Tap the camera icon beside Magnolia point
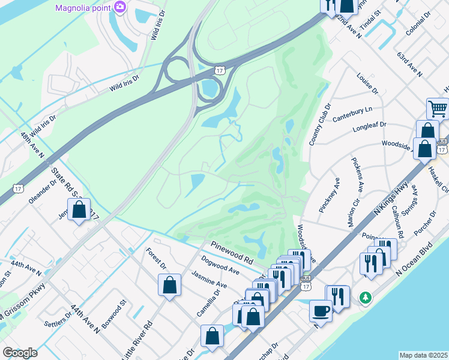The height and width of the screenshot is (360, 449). pos(120,7)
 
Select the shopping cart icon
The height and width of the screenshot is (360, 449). pos(438,110)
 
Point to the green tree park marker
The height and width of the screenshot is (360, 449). pos(365,297)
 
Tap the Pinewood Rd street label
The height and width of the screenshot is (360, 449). pos(232,252)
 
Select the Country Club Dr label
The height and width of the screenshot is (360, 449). pos(319,124)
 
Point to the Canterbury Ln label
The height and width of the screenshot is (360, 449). pos(353,112)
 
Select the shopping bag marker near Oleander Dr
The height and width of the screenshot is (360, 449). pos(79,210)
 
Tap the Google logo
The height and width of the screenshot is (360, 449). pos(20,353)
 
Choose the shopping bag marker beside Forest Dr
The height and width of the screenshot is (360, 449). pos(170,284)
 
